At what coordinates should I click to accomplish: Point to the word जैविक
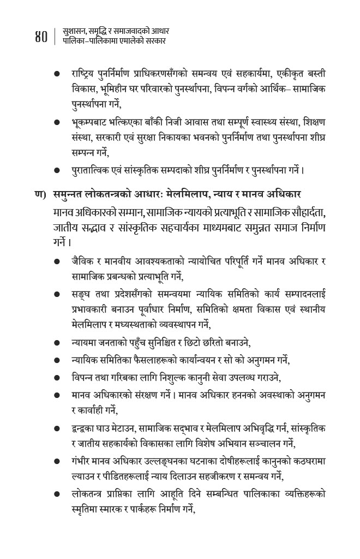(84, 262)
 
